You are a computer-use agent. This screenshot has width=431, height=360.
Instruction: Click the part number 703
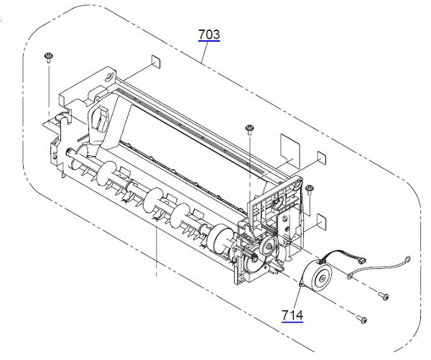209,34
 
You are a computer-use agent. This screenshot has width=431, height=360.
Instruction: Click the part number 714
292,314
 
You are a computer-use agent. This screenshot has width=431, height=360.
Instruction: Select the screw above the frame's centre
249,129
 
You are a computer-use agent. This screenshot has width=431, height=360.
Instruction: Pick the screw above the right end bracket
309,189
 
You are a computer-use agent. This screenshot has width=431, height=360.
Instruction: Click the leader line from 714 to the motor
296,297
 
